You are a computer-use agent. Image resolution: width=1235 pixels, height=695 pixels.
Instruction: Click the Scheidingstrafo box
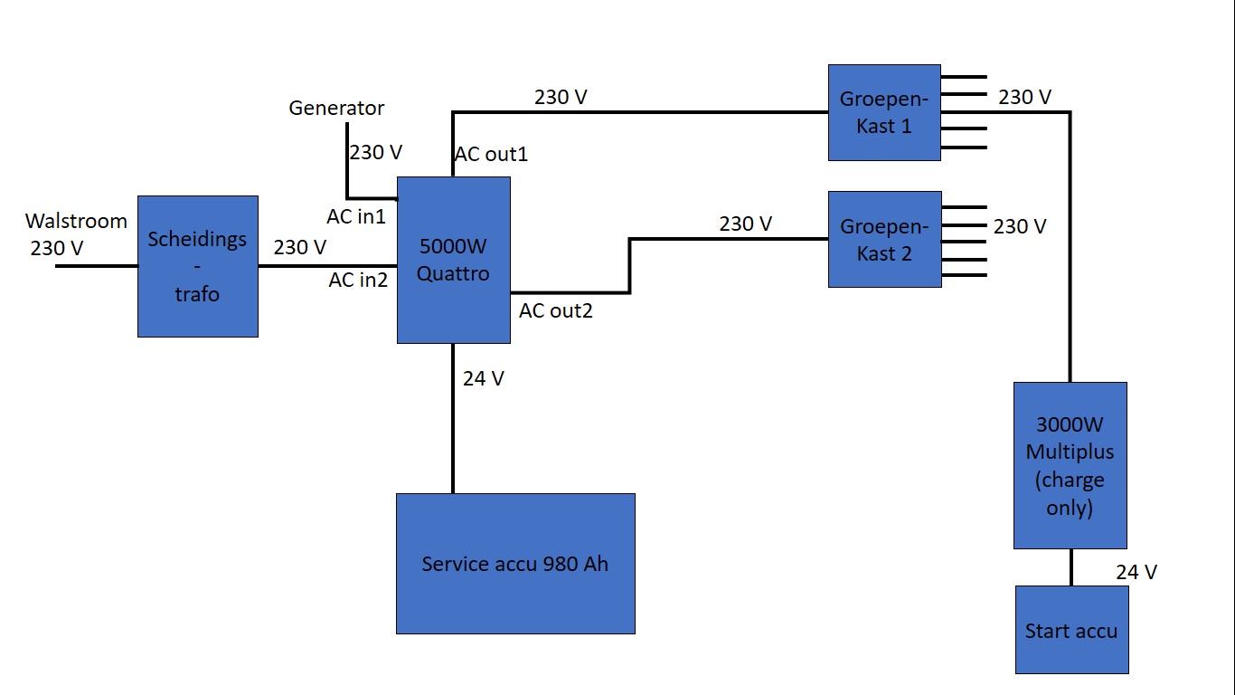tap(197, 266)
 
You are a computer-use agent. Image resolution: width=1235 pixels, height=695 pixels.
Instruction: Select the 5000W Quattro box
tap(453, 260)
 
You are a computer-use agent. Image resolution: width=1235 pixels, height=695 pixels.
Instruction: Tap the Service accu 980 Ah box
tap(515, 563)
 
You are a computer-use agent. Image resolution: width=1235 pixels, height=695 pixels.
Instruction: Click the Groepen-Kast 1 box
tap(883, 112)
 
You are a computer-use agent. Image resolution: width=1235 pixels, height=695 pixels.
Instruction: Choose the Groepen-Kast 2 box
tap(883, 239)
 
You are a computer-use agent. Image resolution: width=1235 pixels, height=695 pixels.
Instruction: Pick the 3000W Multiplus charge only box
tap(1070, 465)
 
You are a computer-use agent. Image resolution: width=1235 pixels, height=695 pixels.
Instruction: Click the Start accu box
tap(1071, 630)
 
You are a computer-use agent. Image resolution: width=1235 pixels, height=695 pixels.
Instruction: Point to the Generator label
tap(336, 108)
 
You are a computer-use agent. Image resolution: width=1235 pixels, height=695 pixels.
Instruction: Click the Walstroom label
tap(76, 221)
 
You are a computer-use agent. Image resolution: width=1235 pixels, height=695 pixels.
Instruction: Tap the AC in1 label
tap(356, 217)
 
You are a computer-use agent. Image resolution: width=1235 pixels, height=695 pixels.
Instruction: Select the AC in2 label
tap(358, 281)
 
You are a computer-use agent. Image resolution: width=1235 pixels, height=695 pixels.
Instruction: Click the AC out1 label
tap(491, 155)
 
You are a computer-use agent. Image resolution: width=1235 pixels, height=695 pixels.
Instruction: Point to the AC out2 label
tap(556, 311)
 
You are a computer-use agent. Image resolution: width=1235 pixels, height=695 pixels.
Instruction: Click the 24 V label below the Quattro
tap(484, 379)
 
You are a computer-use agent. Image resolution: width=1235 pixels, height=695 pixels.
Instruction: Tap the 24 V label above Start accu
tap(1136, 572)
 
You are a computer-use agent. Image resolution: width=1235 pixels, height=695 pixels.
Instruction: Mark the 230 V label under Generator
tap(375, 152)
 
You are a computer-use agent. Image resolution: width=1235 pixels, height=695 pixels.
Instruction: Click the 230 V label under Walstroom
tap(57, 248)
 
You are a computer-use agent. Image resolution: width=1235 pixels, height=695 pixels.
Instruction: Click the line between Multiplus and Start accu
tap(1071, 567)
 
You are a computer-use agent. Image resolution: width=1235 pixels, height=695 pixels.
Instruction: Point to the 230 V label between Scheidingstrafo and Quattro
tap(300, 247)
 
